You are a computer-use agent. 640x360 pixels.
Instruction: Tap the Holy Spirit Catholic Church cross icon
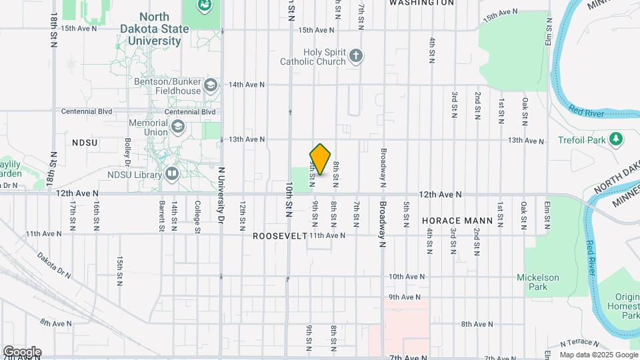[x=357, y=56]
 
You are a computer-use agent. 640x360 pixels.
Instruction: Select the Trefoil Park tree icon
[x=617, y=139]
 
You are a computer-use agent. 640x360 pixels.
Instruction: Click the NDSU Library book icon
[x=173, y=175]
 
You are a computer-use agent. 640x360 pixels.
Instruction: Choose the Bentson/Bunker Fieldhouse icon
[x=211, y=85]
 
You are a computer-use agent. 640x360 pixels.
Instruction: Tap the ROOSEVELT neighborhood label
[x=280, y=236]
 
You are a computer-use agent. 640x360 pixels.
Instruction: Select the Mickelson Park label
[x=538, y=282]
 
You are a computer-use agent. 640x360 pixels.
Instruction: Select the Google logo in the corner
[x=21, y=352]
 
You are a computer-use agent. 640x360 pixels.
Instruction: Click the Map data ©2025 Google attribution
[x=598, y=355]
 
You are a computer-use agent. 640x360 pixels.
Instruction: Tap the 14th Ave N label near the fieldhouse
[x=247, y=85]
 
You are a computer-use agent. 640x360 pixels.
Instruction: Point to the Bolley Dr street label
[x=126, y=152]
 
